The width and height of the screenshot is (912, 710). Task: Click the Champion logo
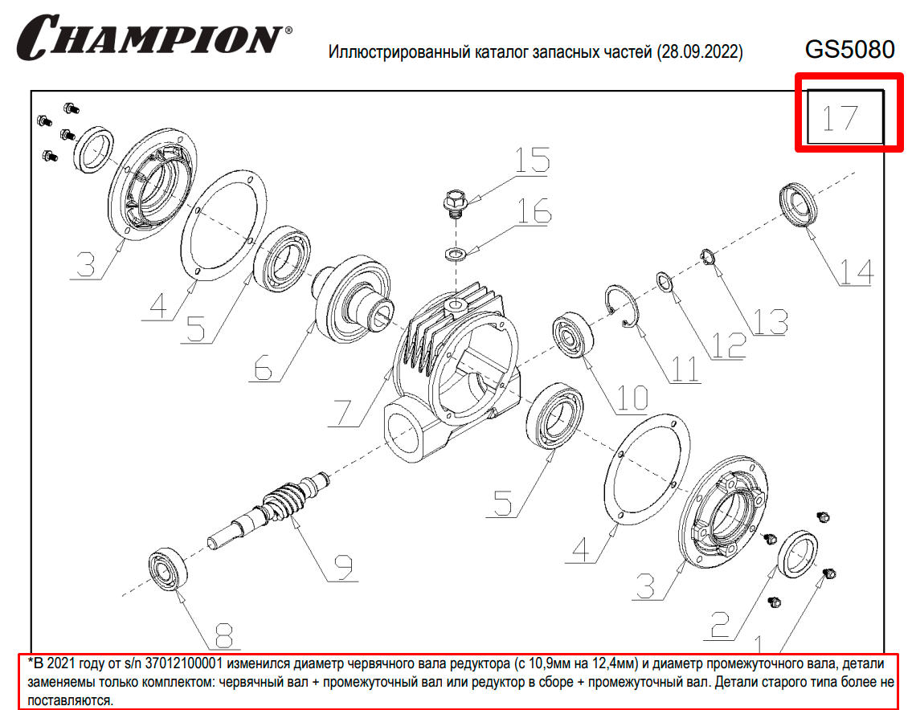[154, 37]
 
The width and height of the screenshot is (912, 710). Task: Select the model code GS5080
[849, 50]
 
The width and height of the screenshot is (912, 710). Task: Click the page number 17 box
[845, 117]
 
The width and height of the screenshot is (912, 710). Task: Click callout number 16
[534, 210]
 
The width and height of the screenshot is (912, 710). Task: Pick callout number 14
[857, 272]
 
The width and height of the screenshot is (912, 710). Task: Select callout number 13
[771, 321]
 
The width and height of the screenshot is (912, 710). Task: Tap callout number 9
[343, 568]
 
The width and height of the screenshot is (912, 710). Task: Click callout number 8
[224, 635]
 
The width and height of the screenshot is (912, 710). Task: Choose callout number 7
[343, 414]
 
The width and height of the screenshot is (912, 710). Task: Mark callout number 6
[264, 368]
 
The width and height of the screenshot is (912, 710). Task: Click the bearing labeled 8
[168, 568]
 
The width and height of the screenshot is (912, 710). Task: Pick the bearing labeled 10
[573, 336]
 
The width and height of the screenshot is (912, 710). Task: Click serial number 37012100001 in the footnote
[183, 663]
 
